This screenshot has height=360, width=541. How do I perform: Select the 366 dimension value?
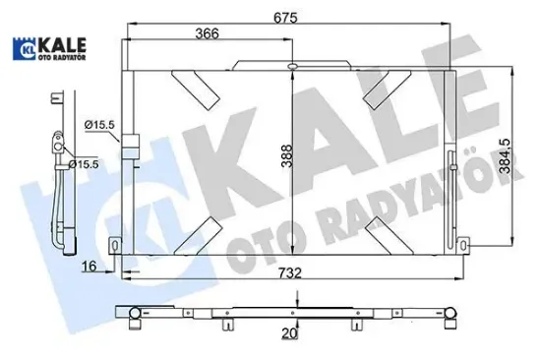click(207, 32)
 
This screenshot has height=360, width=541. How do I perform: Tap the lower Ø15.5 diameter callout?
click(87, 163)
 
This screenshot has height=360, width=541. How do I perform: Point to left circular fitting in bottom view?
click(133, 314)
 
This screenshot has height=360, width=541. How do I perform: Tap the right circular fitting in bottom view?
click(450, 315)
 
